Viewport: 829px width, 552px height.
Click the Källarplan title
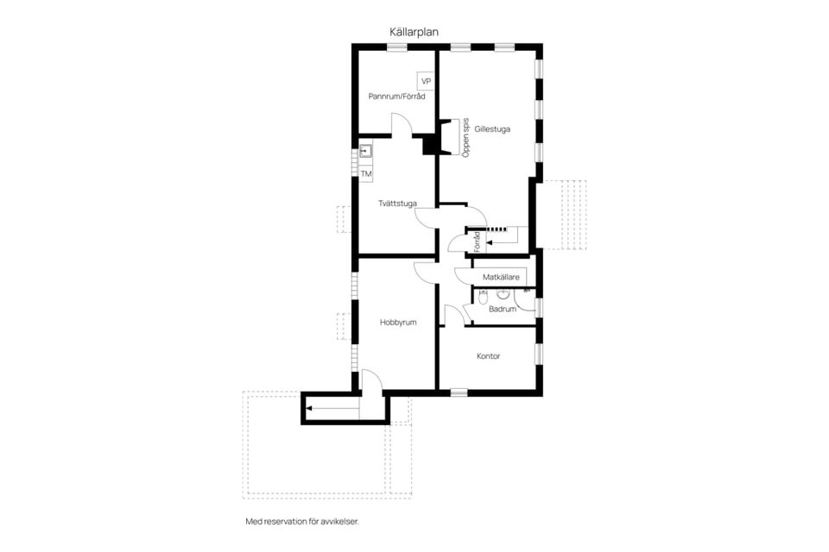tap(414, 32)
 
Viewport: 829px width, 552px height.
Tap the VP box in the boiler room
tap(426, 81)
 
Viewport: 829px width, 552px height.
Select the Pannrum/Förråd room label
tap(396, 97)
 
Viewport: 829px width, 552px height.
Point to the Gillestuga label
tap(492, 129)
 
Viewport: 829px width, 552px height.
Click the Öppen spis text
tap(465, 137)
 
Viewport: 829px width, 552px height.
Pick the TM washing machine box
tap(366, 173)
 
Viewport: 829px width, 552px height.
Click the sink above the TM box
tap(365, 151)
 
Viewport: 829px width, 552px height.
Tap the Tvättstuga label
tap(397, 204)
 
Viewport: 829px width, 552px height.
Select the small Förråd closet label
tap(477, 241)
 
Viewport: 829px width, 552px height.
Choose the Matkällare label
tap(501, 277)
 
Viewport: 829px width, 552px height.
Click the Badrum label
tap(503, 309)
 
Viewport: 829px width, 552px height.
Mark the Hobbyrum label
tap(398, 323)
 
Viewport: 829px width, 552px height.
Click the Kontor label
tap(489, 356)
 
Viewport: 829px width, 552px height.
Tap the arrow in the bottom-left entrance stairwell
tap(333, 408)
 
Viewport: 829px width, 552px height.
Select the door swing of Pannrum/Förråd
tap(402, 123)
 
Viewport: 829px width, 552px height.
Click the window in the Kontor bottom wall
tap(459, 392)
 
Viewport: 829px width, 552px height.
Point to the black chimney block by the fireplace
tap(430, 144)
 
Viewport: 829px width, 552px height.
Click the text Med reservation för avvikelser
tap(302, 521)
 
